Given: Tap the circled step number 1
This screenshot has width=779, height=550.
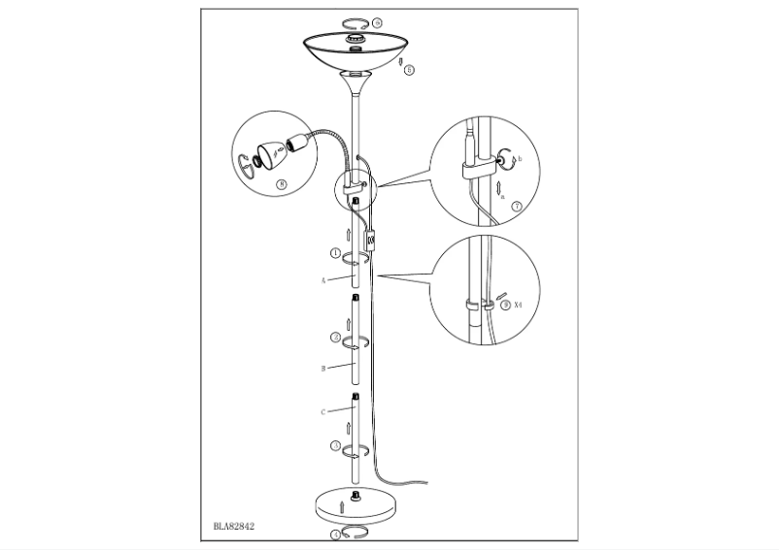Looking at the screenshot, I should tap(335, 254).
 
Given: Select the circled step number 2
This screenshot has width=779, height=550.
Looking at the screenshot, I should tap(335, 338).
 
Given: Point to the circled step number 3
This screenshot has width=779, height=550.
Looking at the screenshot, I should tap(335, 446).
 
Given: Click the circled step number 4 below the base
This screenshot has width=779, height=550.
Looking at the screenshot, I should tap(335, 534).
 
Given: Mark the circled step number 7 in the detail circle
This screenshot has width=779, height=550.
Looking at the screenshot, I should tap(516, 206).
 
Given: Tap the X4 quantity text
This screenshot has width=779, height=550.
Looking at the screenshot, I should tap(518, 304).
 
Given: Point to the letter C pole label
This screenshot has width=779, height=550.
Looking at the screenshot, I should tap(322, 411).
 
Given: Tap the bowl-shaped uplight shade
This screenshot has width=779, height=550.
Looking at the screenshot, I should tap(356, 49).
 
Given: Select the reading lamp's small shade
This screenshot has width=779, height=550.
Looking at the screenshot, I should tap(268, 152).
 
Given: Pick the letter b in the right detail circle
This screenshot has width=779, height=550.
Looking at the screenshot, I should tap(521, 158).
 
